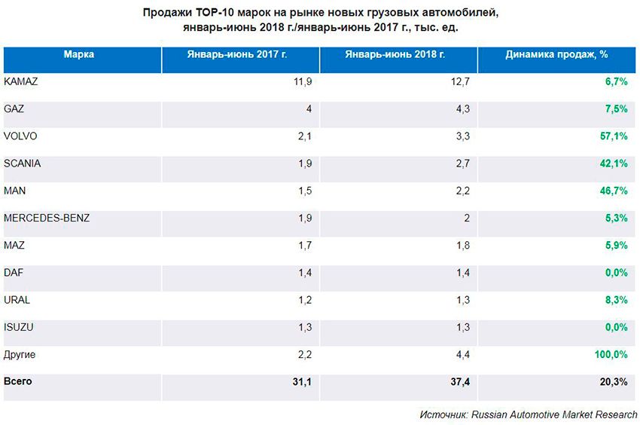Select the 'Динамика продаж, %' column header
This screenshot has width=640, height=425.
(x=556, y=55)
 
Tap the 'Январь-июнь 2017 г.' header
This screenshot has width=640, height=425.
(x=238, y=55)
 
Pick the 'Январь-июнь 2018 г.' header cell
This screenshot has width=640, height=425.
(x=395, y=55)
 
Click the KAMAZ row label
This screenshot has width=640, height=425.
(x=21, y=81)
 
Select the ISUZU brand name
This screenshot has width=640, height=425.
(x=18, y=326)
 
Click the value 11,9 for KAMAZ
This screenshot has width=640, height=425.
(x=301, y=81)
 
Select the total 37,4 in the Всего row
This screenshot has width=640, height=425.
(x=458, y=382)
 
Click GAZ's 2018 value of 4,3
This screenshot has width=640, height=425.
(x=462, y=109)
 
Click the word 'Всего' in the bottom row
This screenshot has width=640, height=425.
(x=18, y=381)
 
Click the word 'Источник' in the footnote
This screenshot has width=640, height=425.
(x=443, y=414)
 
